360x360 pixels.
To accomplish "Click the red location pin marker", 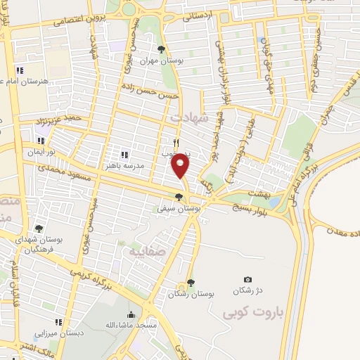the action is (181, 165).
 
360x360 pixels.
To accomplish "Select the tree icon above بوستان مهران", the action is (162, 49).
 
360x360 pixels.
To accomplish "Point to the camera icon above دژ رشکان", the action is (247, 280).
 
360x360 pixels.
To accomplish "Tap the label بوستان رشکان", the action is (190, 294).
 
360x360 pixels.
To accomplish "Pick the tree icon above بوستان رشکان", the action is (190, 283).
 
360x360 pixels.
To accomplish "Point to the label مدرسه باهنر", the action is (124, 166).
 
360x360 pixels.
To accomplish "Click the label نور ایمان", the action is (43, 152).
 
